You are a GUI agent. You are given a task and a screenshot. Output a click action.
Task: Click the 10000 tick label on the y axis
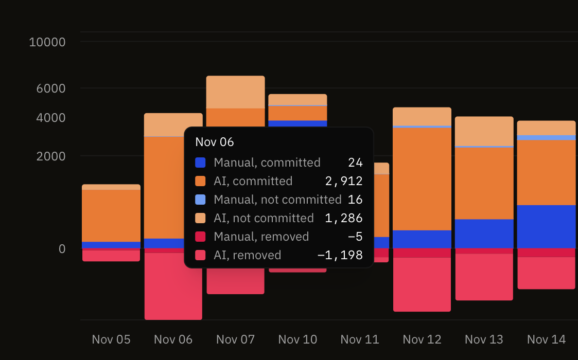(x=47, y=42)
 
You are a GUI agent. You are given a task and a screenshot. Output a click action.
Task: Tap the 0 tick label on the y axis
(x=62, y=249)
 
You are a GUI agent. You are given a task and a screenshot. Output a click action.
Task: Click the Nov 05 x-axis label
(x=111, y=339)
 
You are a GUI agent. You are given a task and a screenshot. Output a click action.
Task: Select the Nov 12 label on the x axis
(x=422, y=339)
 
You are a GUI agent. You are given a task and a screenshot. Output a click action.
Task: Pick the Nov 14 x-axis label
(x=546, y=339)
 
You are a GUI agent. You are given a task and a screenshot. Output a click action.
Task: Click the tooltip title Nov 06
(x=215, y=142)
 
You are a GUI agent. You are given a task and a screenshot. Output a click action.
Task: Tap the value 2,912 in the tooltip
(x=343, y=181)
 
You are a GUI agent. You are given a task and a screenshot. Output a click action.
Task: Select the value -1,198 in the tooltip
(x=340, y=255)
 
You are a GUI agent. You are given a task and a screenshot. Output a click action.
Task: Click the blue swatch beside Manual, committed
(x=200, y=163)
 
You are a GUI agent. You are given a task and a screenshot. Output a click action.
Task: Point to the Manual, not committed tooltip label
(x=277, y=200)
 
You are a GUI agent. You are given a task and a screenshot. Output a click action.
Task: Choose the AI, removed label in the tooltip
(x=248, y=255)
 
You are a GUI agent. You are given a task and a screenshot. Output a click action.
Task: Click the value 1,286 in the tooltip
(x=343, y=218)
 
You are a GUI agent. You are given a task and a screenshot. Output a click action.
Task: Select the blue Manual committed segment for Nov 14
(x=546, y=226)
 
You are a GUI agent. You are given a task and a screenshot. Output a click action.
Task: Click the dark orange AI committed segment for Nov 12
(x=422, y=178)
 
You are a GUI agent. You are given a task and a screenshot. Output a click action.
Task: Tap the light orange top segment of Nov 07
(x=236, y=92)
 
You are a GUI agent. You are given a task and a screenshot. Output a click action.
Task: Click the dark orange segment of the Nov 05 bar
(x=111, y=215)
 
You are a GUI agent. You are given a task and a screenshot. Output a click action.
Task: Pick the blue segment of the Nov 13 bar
(x=484, y=233)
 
